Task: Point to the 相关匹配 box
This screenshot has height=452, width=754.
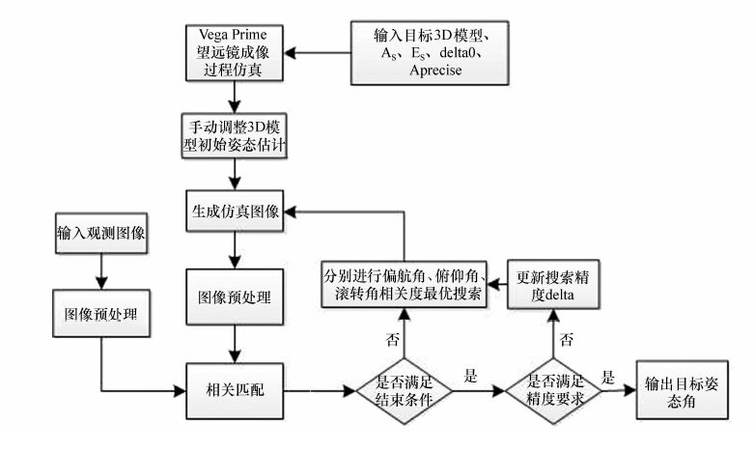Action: coord(234,391)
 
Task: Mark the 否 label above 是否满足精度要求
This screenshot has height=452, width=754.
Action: coord(568,340)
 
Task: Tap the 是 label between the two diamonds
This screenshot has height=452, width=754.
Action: coord(472,377)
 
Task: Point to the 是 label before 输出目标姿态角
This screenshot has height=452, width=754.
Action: coord(609,377)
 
